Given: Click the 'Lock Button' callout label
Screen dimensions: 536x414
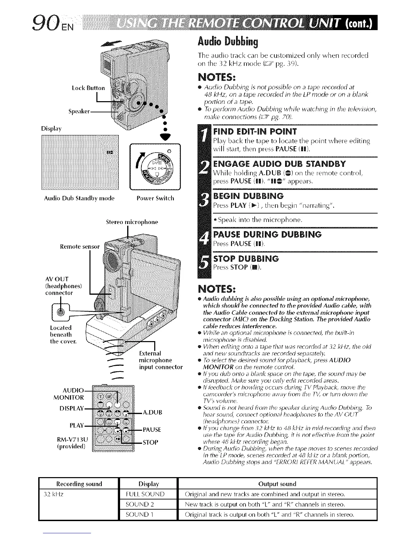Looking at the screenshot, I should click(x=88, y=88).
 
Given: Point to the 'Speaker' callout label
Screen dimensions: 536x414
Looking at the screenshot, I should click(x=80, y=111).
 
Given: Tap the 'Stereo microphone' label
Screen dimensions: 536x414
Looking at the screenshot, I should click(x=132, y=222).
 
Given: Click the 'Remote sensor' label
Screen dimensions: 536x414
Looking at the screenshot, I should click(x=80, y=247).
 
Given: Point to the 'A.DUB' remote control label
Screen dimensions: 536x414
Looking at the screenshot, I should click(x=153, y=412).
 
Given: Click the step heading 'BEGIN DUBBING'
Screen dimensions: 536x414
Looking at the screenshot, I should click(x=249, y=196).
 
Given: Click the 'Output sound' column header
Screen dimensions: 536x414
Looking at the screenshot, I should click(x=277, y=484).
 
